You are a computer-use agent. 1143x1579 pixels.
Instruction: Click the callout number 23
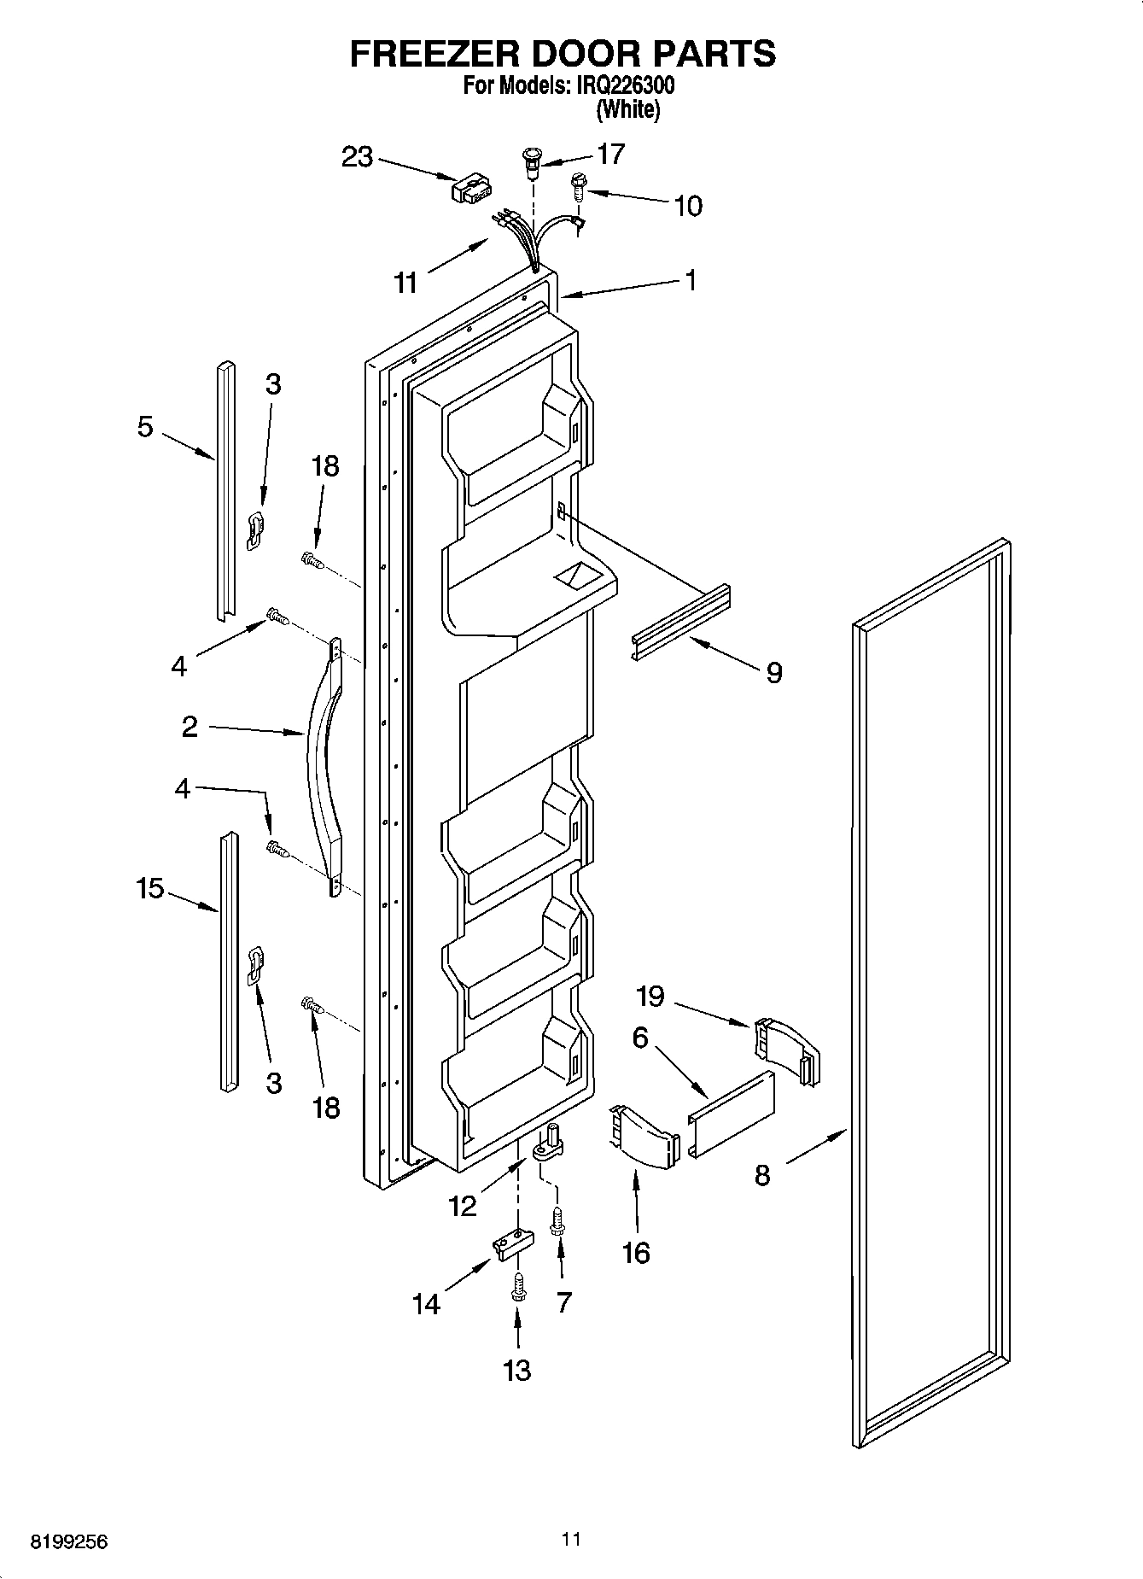pyautogui.click(x=358, y=157)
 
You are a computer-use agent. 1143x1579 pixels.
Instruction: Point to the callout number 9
pyautogui.click(x=773, y=673)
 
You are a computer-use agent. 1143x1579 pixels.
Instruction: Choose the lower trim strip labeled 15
pyautogui.click(x=228, y=962)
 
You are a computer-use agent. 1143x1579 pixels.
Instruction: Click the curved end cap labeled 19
pyautogui.click(x=785, y=1051)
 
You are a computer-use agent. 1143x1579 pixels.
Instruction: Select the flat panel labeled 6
pyautogui.click(x=732, y=1114)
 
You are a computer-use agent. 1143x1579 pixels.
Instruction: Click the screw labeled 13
pyautogui.click(x=516, y=1286)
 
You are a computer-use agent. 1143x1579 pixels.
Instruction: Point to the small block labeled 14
pyautogui.click(x=510, y=1242)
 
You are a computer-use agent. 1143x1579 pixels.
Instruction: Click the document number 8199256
pyautogui.click(x=70, y=1541)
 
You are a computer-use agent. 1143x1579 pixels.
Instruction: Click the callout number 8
pyautogui.click(x=762, y=1176)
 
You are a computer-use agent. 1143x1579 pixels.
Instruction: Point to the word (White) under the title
pyautogui.click(x=627, y=109)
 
